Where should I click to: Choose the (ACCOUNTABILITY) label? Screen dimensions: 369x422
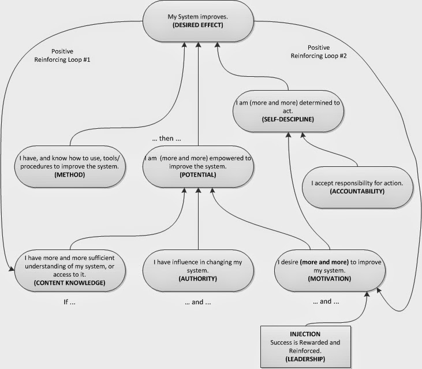[357, 191]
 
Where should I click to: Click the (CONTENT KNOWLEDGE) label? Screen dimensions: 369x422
[70, 282]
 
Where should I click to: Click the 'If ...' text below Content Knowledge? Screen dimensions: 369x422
[70, 301]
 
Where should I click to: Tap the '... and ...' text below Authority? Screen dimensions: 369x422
[198, 301]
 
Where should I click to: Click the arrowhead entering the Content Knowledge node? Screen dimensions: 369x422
[12, 268]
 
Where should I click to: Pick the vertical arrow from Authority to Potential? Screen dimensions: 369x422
[198, 219]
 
